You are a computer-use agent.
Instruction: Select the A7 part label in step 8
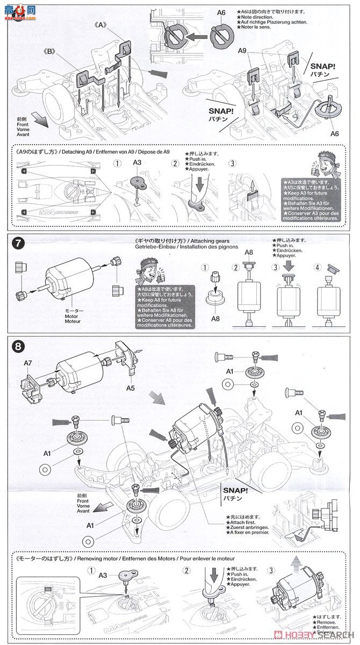pos(28,363)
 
